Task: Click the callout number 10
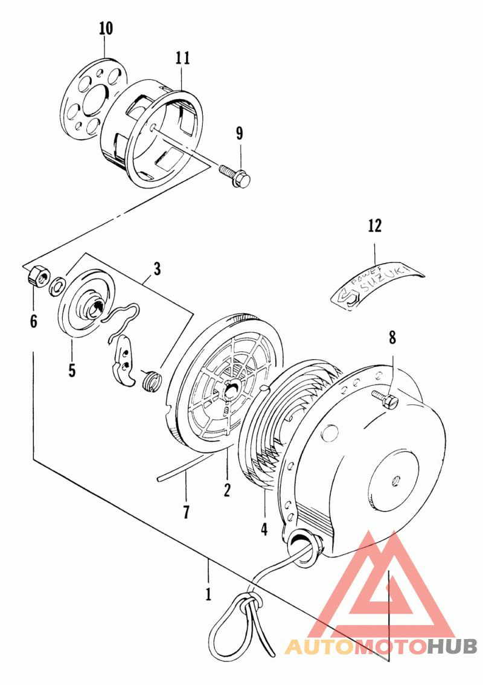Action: (x=106, y=28)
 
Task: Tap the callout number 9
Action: (x=240, y=133)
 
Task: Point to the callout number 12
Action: (x=375, y=226)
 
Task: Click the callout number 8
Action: (x=392, y=338)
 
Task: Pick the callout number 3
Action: (x=157, y=268)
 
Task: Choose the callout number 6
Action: (x=33, y=321)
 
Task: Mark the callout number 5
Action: (x=71, y=369)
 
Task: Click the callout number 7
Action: (x=186, y=512)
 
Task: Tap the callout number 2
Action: (x=227, y=490)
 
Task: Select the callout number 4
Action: (x=264, y=528)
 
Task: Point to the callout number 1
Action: (x=208, y=594)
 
